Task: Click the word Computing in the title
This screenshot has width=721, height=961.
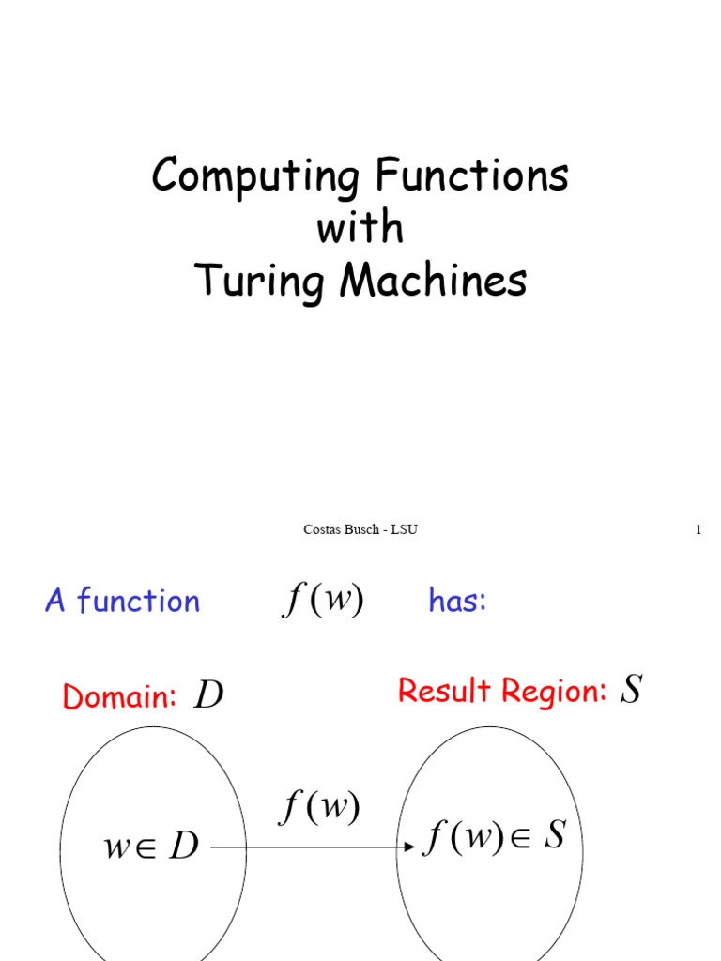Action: (255, 176)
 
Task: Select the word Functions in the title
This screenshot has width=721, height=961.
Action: (472, 175)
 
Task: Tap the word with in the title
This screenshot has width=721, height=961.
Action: (360, 228)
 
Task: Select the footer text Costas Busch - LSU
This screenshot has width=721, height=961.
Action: (360, 529)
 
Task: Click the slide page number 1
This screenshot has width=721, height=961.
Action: (698, 529)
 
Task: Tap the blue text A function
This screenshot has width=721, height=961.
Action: (122, 601)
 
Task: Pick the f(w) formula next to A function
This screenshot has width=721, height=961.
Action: (322, 600)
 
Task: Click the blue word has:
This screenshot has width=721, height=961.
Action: (457, 601)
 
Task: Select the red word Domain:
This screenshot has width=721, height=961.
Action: (119, 697)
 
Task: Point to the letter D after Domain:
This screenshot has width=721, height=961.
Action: (207, 696)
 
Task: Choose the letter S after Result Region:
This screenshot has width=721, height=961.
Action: (632, 691)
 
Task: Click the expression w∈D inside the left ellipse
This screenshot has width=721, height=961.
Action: (150, 847)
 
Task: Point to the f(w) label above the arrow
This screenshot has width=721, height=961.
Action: (319, 808)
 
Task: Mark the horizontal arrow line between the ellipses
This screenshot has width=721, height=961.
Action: (310, 847)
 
